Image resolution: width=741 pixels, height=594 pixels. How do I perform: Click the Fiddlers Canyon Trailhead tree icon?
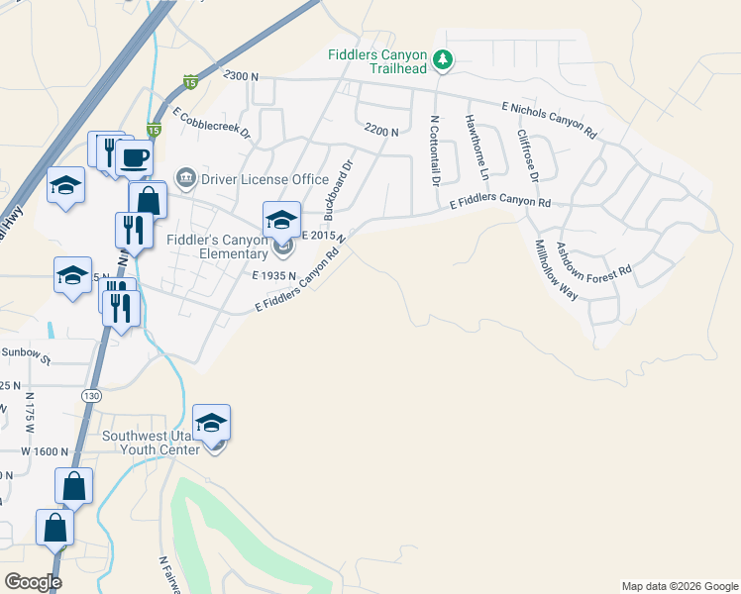click(443, 61)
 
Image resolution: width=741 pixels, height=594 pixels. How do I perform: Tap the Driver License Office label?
click(265, 179)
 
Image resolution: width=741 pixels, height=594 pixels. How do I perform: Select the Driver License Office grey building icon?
click(185, 178)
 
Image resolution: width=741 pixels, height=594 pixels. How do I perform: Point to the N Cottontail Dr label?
click(434, 151)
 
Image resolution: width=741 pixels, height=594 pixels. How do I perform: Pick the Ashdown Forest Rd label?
click(593, 261)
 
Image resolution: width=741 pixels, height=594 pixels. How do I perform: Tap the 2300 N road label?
click(241, 75)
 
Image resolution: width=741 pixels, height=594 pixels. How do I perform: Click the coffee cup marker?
click(134, 156)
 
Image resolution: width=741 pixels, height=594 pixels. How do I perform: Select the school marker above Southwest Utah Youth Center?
click(211, 423)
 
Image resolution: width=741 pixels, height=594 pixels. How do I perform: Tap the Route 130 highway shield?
click(91, 395)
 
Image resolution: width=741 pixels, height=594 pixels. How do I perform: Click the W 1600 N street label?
click(45, 450)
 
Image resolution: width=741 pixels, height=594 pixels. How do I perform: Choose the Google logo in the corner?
click(33, 582)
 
